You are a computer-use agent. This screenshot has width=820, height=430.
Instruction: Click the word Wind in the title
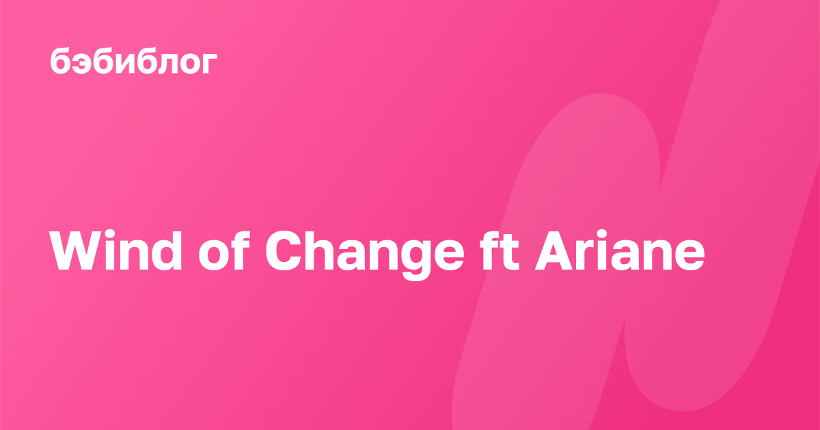(115, 250)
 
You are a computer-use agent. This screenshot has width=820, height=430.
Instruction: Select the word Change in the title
(365, 255)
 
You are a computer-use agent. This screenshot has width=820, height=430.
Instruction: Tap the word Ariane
(620, 250)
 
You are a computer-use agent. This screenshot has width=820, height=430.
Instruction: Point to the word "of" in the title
(224, 250)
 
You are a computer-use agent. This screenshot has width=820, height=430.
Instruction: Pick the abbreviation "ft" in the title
(500, 250)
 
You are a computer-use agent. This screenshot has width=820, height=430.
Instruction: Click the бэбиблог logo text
(134, 61)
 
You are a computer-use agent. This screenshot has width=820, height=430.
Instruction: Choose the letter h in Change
(324, 250)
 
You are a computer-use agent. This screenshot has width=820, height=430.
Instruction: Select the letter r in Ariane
(587, 255)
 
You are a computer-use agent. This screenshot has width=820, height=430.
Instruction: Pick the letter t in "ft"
(510, 253)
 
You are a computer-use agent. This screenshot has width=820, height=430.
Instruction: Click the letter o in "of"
(213, 255)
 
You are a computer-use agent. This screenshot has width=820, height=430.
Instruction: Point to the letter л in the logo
(161, 63)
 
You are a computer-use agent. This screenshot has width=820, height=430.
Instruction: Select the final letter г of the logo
(209, 63)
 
